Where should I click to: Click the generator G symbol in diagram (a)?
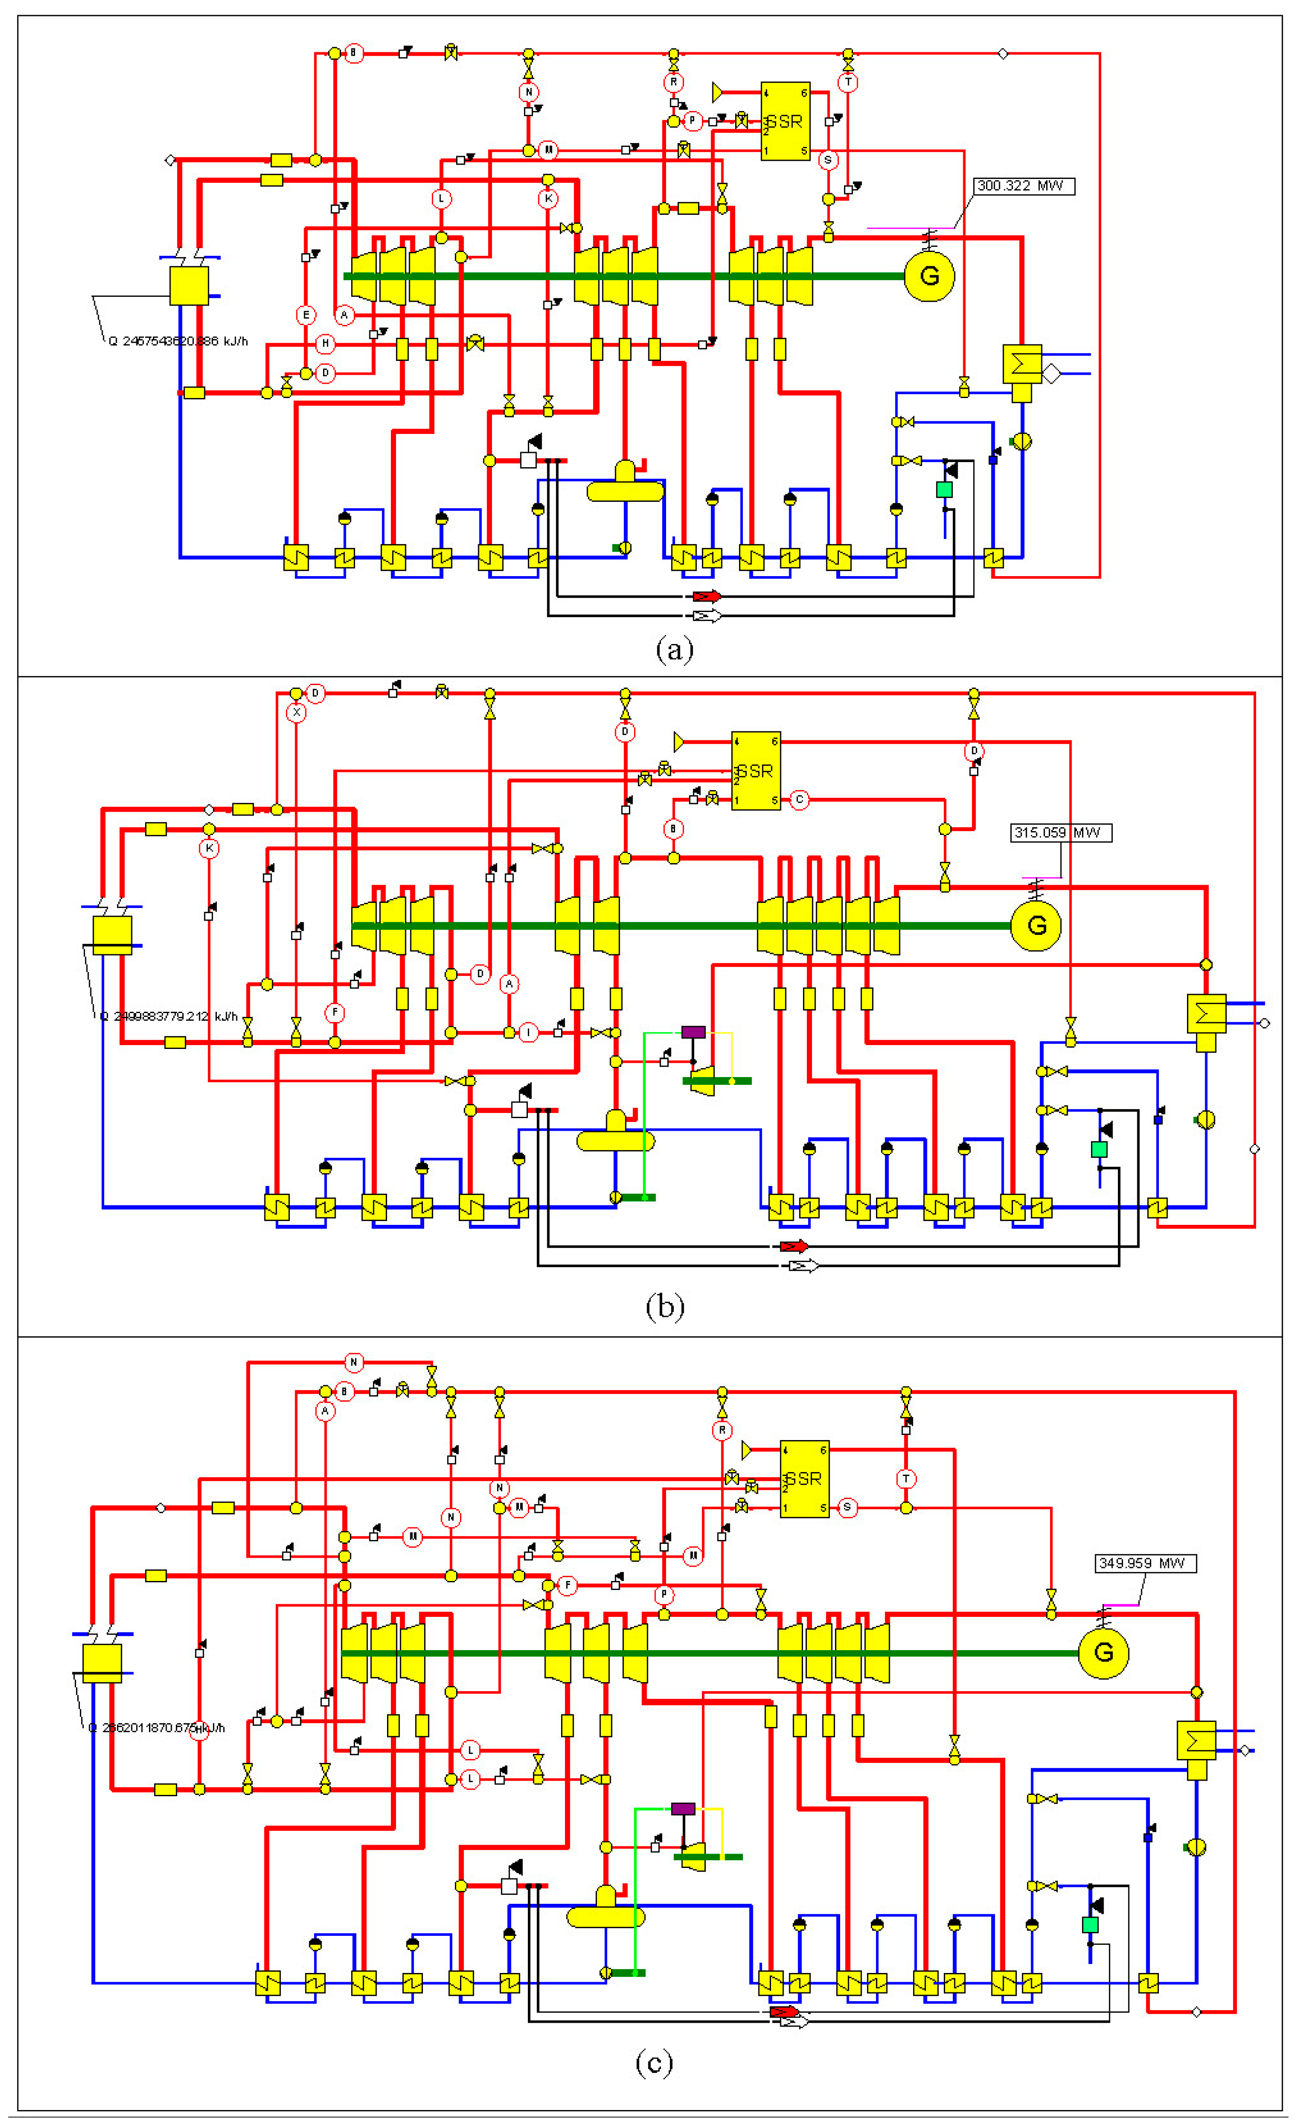click(x=929, y=276)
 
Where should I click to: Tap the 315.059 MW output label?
click(x=1060, y=832)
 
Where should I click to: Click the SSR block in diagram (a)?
click(x=785, y=121)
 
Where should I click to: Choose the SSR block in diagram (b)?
click(x=755, y=771)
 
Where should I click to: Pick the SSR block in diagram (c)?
click(x=804, y=1479)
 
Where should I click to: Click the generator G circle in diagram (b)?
click(x=1036, y=926)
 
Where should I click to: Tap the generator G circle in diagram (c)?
click(x=1103, y=1652)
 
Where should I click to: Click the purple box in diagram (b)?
click(x=693, y=1032)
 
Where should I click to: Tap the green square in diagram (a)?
click(x=944, y=489)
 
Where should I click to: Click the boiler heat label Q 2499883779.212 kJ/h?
click(x=168, y=1017)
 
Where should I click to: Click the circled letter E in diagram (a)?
click(x=305, y=315)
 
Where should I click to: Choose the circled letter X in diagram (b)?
click(x=296, y=713)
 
